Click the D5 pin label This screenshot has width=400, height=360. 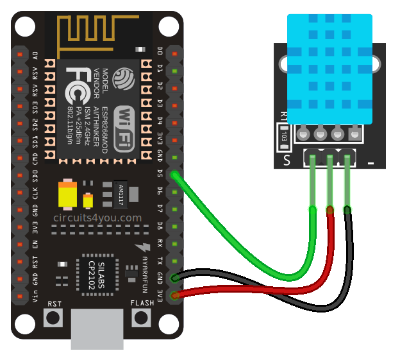coord(160,173)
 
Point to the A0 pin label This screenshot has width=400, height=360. coord(35,55)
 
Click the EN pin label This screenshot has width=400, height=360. coord(35,244)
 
